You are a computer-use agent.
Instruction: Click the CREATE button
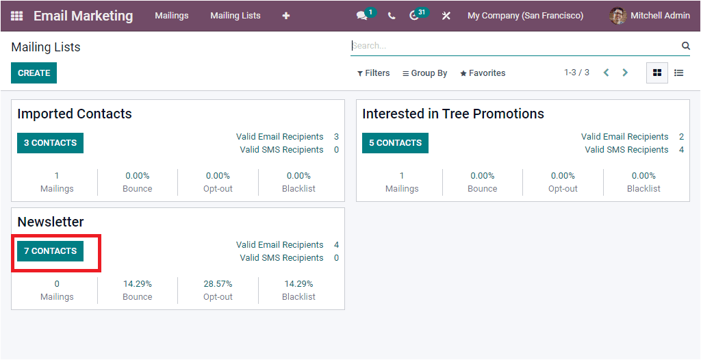34,73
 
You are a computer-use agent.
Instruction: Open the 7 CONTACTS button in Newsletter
51,251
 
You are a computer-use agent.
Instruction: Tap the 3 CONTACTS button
50,143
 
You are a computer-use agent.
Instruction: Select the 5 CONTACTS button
395,143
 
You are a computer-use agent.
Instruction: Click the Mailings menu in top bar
171,16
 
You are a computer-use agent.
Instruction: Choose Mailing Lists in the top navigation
235,16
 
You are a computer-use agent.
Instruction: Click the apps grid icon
16,16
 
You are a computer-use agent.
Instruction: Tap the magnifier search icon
685,46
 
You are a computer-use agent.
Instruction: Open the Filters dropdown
374,73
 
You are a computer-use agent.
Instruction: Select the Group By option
424,73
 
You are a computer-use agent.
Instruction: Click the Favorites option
483,73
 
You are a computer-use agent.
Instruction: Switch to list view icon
678,73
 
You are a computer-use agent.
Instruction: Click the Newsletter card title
51,222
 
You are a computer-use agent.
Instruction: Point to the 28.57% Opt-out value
218,284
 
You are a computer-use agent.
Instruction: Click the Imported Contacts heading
75,114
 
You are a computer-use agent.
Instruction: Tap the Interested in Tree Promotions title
453,114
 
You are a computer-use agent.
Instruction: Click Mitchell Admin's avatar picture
617,16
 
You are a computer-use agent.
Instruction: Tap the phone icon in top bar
392,16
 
